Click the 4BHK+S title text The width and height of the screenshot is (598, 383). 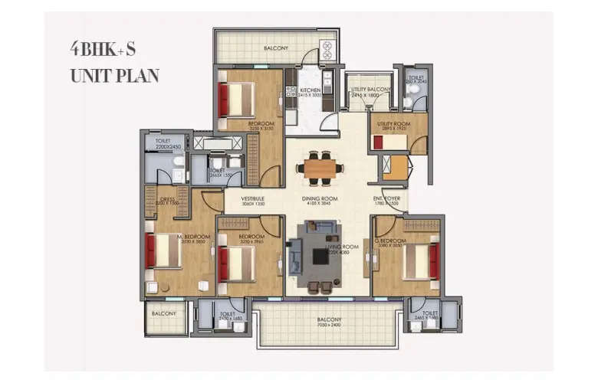(x=103, y=50)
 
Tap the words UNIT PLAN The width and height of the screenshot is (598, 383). (x=114, y=76)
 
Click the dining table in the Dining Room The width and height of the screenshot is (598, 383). (x=320, y=169)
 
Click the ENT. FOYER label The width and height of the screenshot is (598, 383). (x=388, y=198)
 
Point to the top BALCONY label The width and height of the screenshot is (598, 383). (x=275, y=47)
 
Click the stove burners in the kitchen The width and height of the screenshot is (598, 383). (x=327, y=51)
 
